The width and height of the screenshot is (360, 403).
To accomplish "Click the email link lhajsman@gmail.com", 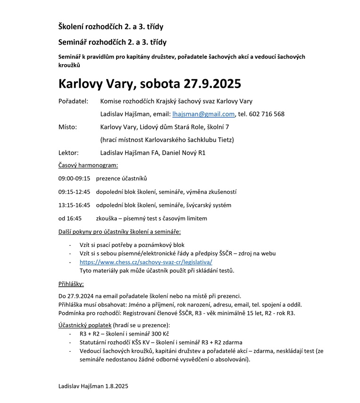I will (203, 114).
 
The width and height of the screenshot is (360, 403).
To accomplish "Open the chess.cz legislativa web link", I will (146, 262).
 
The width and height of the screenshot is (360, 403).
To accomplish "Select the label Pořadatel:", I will (73, 101).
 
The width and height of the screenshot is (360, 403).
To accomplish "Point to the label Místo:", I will (67, 127).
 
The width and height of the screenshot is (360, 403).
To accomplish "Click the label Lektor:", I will (68, 153).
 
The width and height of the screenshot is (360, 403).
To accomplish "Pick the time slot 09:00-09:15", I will (74, 179).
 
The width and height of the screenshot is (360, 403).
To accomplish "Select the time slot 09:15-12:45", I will (74, 192).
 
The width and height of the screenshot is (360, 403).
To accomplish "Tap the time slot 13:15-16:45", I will (74, 205).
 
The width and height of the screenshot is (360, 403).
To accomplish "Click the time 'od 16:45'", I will (70, 218).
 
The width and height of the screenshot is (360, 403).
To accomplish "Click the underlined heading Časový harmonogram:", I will (88, 165).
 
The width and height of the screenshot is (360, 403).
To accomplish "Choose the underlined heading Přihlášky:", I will (71, 284).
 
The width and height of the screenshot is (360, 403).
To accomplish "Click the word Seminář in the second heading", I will (73, 42).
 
